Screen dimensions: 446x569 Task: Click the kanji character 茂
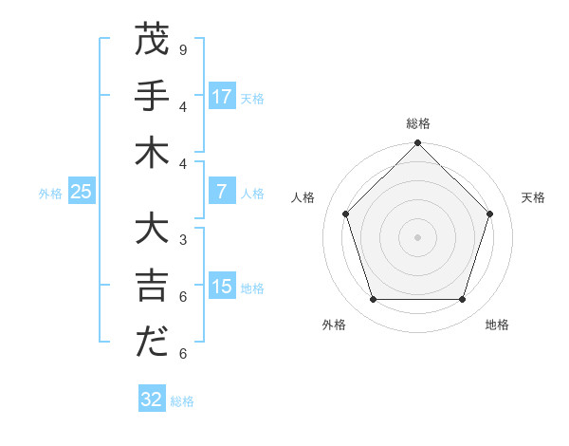coord(152,41)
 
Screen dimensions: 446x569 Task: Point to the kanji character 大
coord(152,231)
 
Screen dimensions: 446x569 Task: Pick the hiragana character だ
coord(152,343)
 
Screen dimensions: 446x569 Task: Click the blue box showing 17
coord(221,97)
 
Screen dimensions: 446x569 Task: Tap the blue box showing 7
coord(221,192)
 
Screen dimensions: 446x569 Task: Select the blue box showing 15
coord(221,287)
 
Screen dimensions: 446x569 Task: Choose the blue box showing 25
coord(81,192)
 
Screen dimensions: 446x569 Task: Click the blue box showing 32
coord(152,400)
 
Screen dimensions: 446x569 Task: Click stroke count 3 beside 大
coord(182,240)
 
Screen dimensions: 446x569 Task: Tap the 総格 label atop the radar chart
coord(417,123)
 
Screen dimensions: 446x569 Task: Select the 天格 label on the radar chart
coord(533,197)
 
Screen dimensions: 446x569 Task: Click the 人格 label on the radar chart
coord(303,197)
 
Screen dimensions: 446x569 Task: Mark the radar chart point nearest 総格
coord(417,144)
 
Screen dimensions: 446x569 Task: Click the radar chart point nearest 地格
coord(462,300)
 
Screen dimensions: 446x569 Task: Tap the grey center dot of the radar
coord(417,237)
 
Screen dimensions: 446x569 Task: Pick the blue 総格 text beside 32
coord(182,401)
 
